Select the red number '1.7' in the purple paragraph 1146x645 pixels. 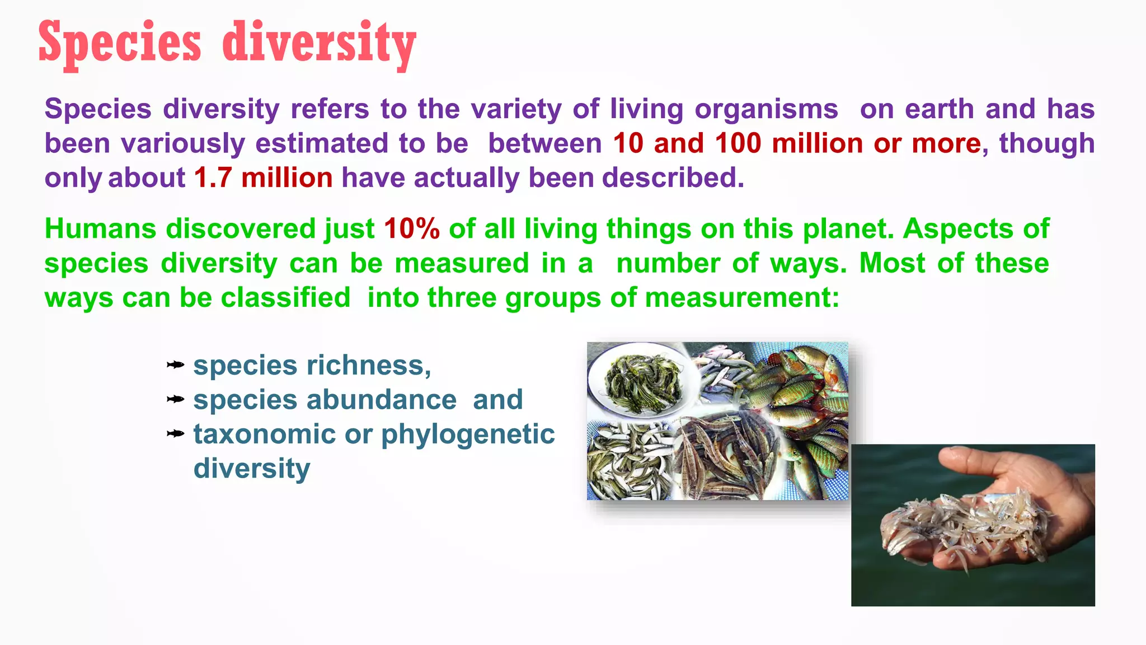tap(213, 178)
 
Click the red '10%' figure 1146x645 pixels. tap(412, 229)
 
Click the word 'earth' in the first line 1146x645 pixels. tap(940, 109)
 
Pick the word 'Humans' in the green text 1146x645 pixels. tap(100, 229)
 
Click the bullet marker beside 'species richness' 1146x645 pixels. tap(175, 366)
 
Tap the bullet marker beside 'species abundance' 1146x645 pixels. tap(175, 400)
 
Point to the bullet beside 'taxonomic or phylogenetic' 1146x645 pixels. tap(175, 434)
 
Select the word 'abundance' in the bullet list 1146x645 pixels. tap(381, 400)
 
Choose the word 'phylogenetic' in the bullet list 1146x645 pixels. tap(468, 434)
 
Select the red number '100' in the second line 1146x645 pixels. tap(738, 144)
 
